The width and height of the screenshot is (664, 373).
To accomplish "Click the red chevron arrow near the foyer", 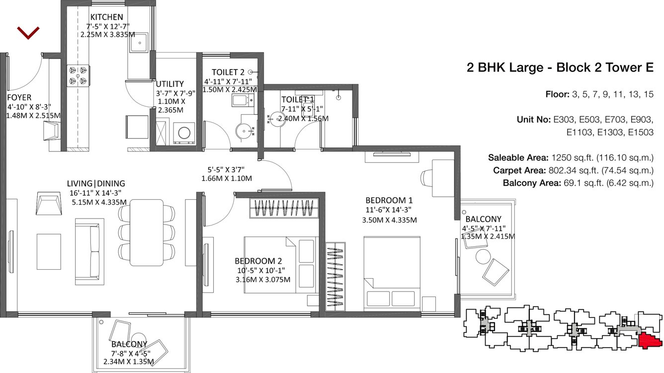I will [28, 33].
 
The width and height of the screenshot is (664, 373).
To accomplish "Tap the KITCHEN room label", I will [106, 17].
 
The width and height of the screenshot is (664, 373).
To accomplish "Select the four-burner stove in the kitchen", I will [78, 75].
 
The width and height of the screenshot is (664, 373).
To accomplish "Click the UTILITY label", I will [169, 84].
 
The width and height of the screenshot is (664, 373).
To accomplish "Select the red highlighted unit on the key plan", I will [649, 341].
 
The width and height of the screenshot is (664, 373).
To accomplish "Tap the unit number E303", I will [565, 120].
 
